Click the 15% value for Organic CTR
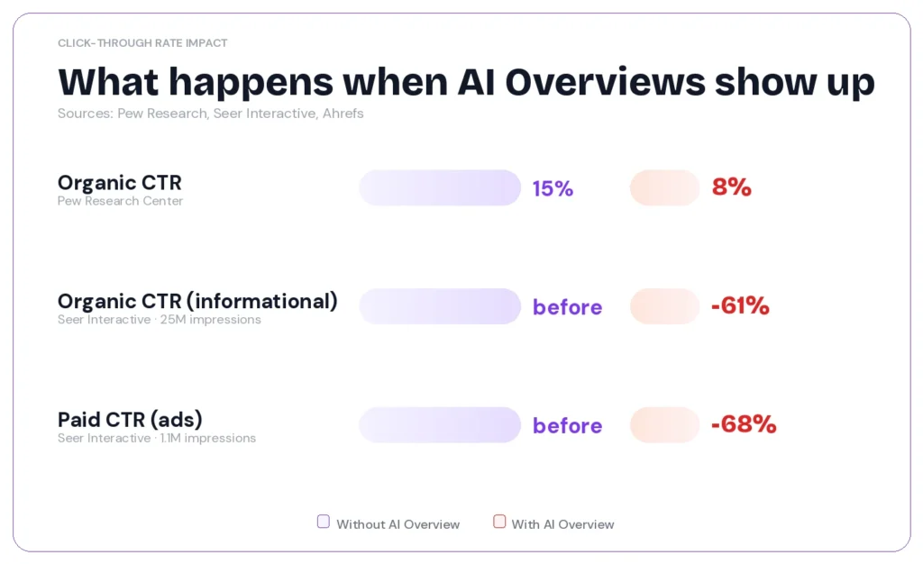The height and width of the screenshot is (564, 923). pos(553,188)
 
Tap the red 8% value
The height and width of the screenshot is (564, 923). pos(731,187)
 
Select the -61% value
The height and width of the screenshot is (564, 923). pos(739,306)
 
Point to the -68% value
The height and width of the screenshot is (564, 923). pos(743,424)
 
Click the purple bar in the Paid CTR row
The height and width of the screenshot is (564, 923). pos(440,425)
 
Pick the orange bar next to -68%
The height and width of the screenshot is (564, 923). pos(664,425)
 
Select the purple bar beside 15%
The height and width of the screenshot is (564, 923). pos(440,187)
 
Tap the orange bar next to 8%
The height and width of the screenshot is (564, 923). pos(664,187)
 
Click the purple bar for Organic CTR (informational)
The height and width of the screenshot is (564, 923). pos(440,306)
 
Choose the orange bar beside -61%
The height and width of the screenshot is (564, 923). pos(664,306)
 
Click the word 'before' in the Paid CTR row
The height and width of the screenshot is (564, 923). pos(567,425)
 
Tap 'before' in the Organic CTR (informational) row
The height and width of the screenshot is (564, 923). pos(567,307)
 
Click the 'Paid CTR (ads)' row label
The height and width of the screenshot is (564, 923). pos(130,419)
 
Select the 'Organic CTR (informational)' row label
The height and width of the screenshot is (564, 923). pos(197,301)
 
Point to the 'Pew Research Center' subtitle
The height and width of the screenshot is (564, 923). pos(120,201)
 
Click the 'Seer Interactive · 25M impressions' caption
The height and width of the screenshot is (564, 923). pos(159,320)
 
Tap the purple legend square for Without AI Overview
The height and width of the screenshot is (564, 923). pos(324,522)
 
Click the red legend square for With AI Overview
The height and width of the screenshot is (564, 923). pos(499,522)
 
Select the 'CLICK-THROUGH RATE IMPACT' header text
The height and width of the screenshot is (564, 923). pos(142,43)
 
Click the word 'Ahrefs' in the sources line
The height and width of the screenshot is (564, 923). pos(343,114)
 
